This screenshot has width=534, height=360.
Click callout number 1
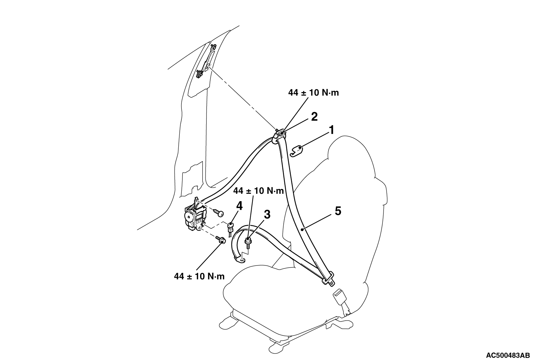tap(332, 130)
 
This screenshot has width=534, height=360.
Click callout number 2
tap(315, 117)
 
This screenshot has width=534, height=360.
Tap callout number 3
tap(267, 215)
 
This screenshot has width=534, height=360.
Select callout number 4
tap(239, 206)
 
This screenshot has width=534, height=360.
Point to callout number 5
tap(338, 211)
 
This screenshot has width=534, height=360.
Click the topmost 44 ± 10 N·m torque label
tap(314, 92)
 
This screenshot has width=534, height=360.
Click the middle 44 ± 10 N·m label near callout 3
tap(259, 191)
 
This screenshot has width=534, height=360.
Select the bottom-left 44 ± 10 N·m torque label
tap(199, 276)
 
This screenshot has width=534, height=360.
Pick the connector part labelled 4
tap(231, 227)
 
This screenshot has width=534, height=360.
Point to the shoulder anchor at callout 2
tap(280, 135)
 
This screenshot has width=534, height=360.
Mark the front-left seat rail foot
tap(228, 321)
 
